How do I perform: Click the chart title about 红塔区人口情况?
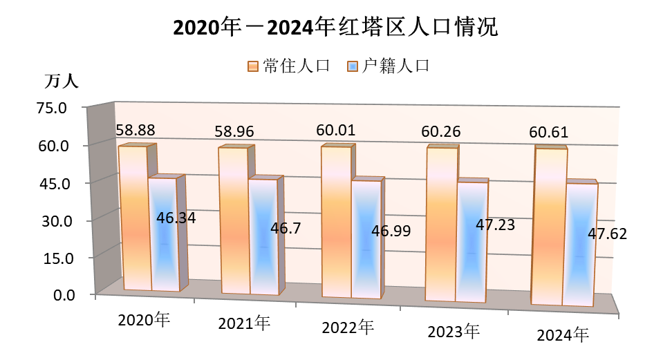[x=335, y=28]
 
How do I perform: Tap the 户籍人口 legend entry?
[x=390, y=66]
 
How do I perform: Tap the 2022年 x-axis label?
[x=349, y=327]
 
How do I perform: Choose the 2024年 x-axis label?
[x=563, y=335]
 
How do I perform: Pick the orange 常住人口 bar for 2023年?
[x=441, y=225]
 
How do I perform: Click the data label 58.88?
[x=135, y=129]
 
